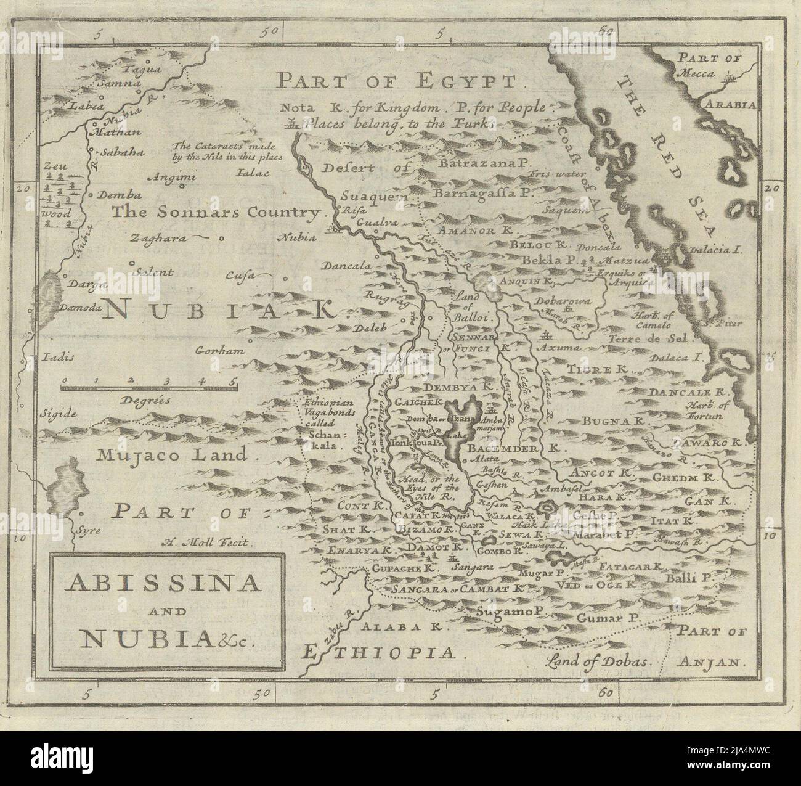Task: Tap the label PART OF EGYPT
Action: (x=399, y=80)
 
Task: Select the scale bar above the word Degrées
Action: (x=148, y=387)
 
